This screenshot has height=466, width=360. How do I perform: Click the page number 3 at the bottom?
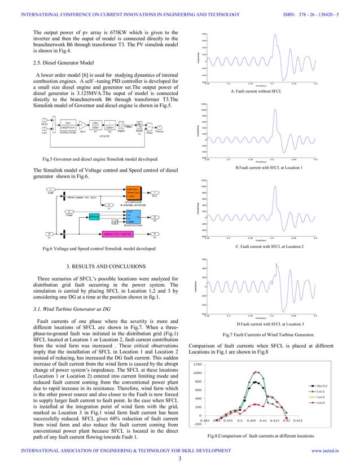(x=179, y=458)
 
